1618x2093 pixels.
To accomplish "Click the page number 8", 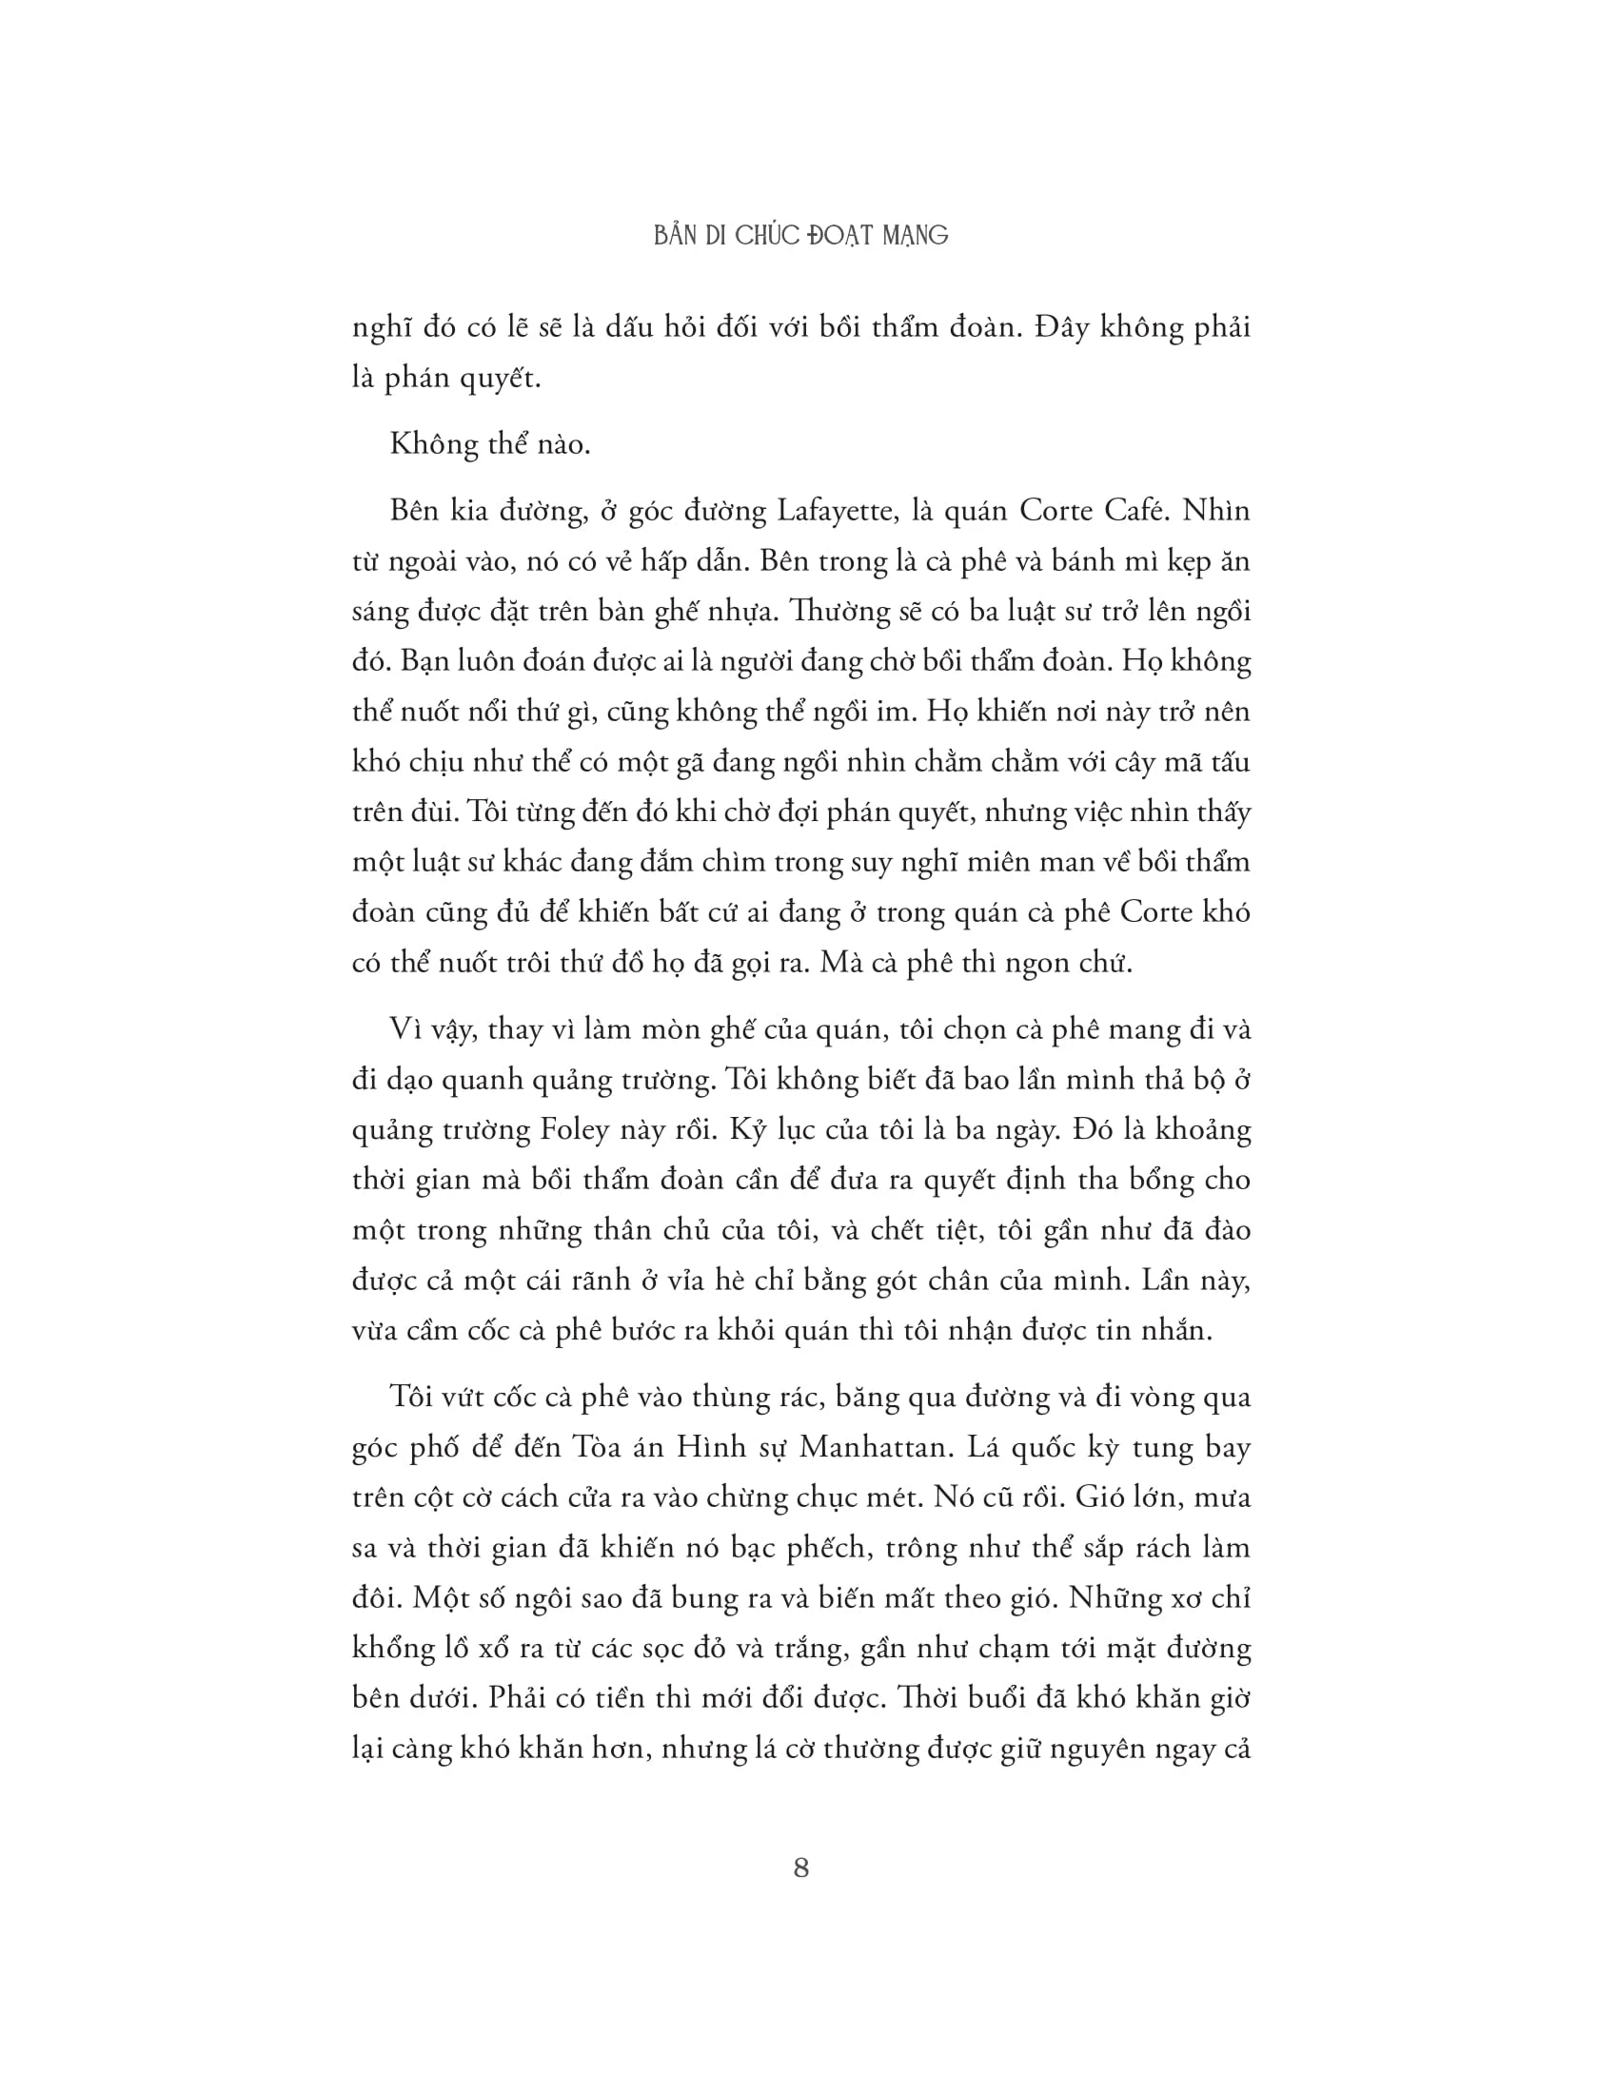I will pos(801,1868).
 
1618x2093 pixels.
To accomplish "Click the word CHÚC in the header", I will pos(767,236).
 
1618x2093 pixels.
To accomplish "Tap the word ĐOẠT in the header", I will pos(842,236).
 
